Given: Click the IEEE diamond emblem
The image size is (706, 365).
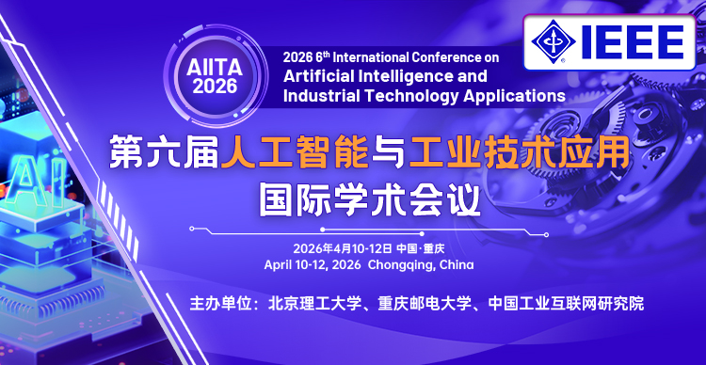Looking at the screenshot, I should click(x=555, y=40).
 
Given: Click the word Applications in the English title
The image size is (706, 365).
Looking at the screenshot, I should click(x=512, y=95).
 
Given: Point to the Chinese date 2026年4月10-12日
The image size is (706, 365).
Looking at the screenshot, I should click(x=342, y=248).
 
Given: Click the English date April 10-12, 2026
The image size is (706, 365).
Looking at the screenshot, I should click(x=312, y=265).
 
